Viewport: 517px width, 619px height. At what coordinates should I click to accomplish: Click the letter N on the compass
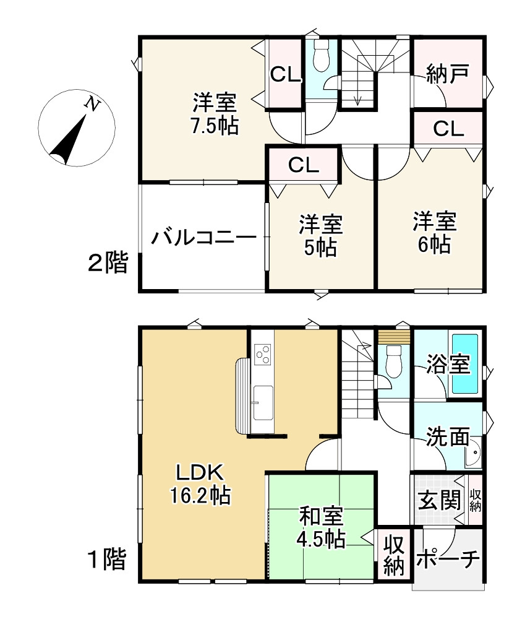(x=93, y=105)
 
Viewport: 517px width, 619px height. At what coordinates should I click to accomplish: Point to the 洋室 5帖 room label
(x=320, y=235)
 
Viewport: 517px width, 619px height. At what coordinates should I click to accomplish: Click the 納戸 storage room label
(x=446, y=76)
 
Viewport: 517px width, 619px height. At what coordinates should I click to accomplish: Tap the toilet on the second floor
(x=321, y=57)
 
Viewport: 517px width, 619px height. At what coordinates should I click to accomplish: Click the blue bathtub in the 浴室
(x=466, y=363)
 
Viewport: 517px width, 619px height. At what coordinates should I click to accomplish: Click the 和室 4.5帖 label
(x=321, y=527)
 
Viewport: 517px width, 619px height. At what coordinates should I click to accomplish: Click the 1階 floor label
(x=106, y=560)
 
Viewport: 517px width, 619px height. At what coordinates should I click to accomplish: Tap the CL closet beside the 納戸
(x=448, y=129)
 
